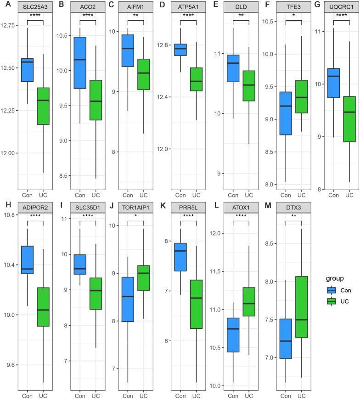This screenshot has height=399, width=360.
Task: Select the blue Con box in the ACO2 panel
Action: point(80,62)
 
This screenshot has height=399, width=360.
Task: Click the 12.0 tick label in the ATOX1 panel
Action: point(220,233)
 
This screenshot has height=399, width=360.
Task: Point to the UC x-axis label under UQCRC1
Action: point(349,195)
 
